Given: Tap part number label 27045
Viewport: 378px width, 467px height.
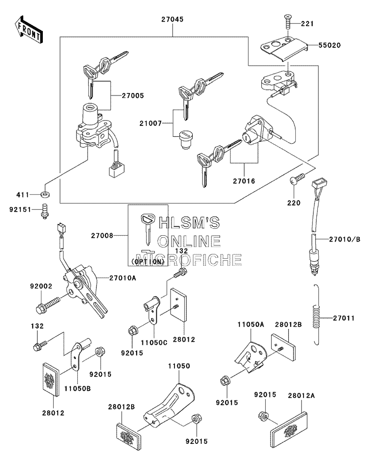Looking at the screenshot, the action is click(x=172, y=19).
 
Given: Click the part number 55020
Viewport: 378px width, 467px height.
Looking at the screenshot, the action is click(x=329, y=45).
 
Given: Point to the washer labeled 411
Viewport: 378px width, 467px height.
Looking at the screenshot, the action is click(x=45, y=195).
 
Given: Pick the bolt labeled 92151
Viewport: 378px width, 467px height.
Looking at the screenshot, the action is click(x=45, y=211).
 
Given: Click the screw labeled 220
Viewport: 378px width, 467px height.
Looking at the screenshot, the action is click(x=297, y=179).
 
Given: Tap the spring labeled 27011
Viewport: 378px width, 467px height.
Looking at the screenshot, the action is click(x=317, y=315).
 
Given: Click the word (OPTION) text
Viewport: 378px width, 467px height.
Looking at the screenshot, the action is click(x=148, y=261).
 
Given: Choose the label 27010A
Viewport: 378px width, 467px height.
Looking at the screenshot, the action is click(x=123, y=278).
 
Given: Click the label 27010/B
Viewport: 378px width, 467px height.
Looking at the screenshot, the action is click(x=344, y=239).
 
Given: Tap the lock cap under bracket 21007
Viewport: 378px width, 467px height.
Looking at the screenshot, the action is click(x=186, y=139).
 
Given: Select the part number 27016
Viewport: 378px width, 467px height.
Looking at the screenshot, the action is click(x=244, y=181).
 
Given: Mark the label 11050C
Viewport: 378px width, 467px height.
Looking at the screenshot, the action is click(x=154, y=342).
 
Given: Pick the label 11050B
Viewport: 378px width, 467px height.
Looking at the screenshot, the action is click(x=77, y=388).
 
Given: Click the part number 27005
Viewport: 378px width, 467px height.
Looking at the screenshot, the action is click(x=133, y=95).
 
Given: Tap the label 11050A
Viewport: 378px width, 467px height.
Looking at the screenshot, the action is click(x=251, y=324).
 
